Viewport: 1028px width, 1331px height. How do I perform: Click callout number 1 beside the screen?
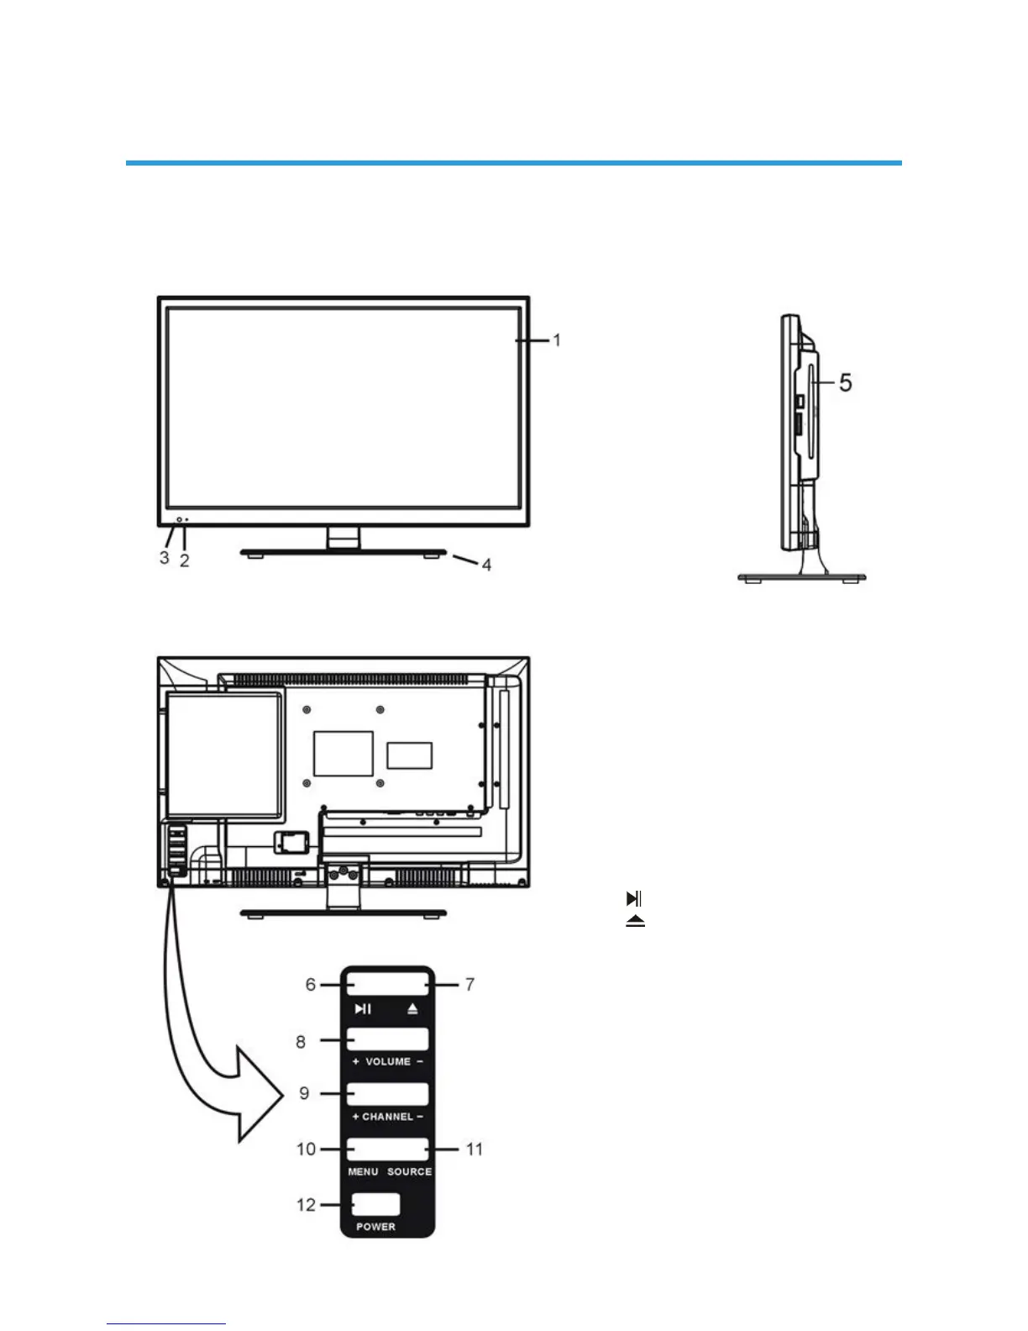tap(556, 340)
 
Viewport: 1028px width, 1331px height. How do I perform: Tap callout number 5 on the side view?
tap(845, 383)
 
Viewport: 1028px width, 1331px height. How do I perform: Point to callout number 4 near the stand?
tap(486, 565)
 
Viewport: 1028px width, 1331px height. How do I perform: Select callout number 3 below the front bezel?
tap(164, 557)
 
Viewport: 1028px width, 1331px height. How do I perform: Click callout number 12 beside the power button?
tap(306, 1205)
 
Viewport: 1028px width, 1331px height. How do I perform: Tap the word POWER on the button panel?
tap(375, 1227)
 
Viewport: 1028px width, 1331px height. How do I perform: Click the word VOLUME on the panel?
tap(388, 1062)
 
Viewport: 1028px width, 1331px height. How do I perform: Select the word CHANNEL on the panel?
tap(388, 1117)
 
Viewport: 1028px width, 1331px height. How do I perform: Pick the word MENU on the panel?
tap(363, 1171)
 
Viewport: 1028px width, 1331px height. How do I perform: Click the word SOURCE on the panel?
tap(410, 1171)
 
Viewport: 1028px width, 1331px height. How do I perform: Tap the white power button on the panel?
tap(375, 1204)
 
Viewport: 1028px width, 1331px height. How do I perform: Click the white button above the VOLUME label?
tap(387, 1039)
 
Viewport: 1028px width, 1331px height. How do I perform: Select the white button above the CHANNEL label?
tap(387, 1094)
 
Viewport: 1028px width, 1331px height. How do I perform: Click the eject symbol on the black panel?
tap(412, 1009)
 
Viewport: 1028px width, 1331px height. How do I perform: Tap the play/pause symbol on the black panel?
tap(363, 1009)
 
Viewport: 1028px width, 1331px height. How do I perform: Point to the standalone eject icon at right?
tap(635, 921)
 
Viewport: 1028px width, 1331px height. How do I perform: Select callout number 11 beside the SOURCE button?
tap(475, 1149)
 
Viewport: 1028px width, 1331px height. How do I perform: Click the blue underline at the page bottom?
tap(166, 1324)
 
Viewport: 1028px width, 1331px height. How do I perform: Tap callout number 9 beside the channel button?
tap(304, 1093)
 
